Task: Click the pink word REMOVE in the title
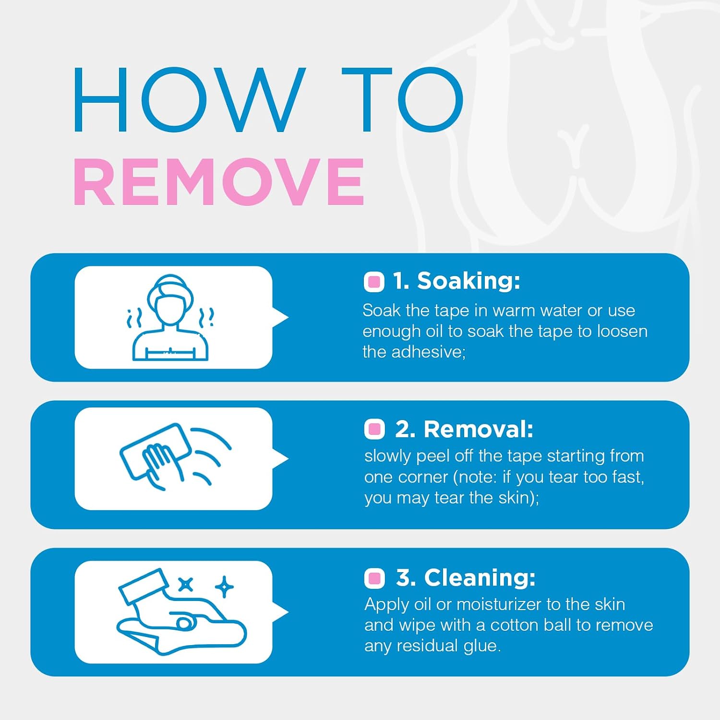tap(219, 182)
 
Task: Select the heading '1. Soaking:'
tap(456, 281)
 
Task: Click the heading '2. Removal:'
tap(464, 429)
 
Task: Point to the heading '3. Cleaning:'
tap(466, 577)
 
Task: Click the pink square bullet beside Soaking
tap(374, 282)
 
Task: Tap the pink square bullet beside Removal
tap(374, 429)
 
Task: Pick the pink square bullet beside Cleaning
tap(374, 578)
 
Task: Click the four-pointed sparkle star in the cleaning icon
tap(224, 587)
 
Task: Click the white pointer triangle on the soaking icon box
tap(280, 317)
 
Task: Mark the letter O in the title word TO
tap(431, 99)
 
